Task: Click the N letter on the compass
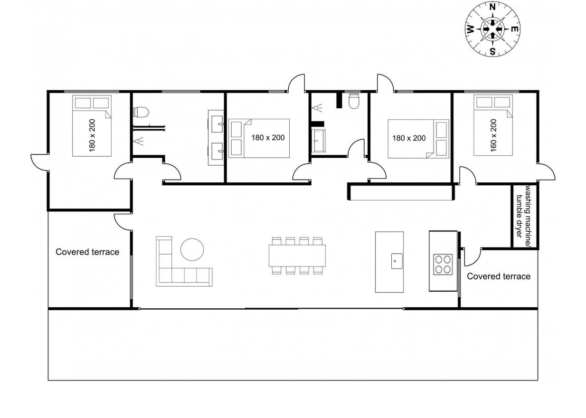tap(492, 7)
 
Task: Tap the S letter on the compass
tap(492, 51)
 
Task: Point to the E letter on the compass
tap(515, 29)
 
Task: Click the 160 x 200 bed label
tap(493, 135)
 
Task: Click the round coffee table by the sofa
tap(192, 249)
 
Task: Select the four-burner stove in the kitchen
tap(443, 265)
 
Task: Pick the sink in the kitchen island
tap(397, 261)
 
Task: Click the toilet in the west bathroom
tap(141, 112)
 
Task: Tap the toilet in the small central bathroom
tap(354, 101)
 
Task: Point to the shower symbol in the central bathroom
tap(317, 107)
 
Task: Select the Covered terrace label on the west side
tap(87, 252)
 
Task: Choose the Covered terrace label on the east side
tap(499, 276)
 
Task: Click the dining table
tap(297, 255)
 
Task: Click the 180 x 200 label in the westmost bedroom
tap(92, 135)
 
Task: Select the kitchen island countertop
tap(389, 262)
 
